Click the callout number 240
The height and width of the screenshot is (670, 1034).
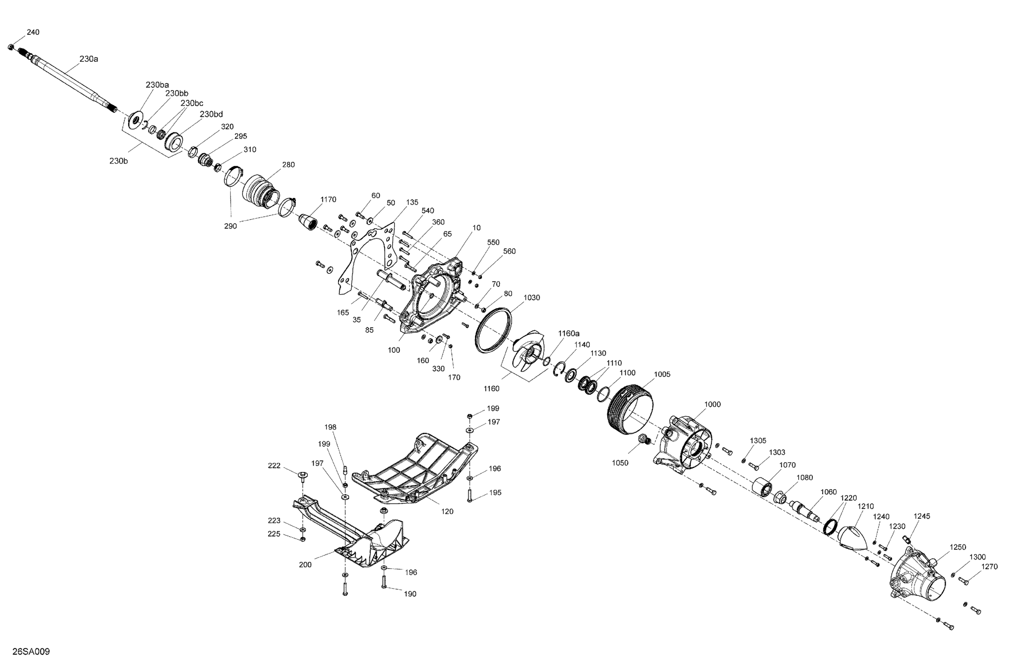pos(33,32)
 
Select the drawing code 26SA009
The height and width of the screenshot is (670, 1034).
pos(31,652)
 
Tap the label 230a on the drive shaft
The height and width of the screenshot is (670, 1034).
pos(89,59)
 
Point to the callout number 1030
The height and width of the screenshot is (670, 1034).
pos(531,298)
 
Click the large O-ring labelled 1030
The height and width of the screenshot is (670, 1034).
pos(494,330)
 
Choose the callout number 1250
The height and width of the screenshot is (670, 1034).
pos(957,548)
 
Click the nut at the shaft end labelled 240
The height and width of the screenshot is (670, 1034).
pos(11,47)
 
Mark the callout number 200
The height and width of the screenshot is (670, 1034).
pos(305,565)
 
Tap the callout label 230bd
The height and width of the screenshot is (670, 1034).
pos(211,115)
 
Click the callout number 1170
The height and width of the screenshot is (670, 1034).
pos(328,200)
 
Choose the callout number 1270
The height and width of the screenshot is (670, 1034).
pos(989,567)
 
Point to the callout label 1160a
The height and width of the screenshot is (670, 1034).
pos(569,333)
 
